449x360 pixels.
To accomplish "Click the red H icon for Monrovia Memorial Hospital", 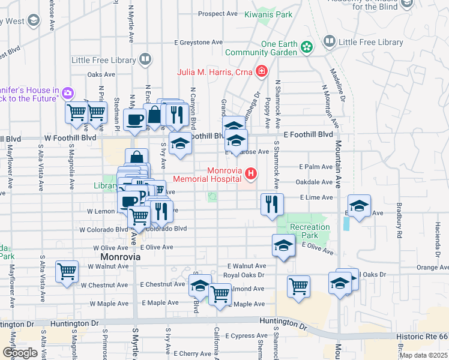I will click(x=251, y=175).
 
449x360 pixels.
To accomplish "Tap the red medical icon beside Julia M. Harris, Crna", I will click(x=261, y=73).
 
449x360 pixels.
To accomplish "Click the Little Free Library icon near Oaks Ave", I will click(x=145, y=59).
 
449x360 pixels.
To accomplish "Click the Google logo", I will click(x=20, y=352).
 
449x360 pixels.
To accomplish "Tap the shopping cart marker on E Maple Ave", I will click(x=220, y=294).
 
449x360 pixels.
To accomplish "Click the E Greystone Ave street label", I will click(x=199, y=43).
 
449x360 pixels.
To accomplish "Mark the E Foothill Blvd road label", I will click(x=308, y=135).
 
